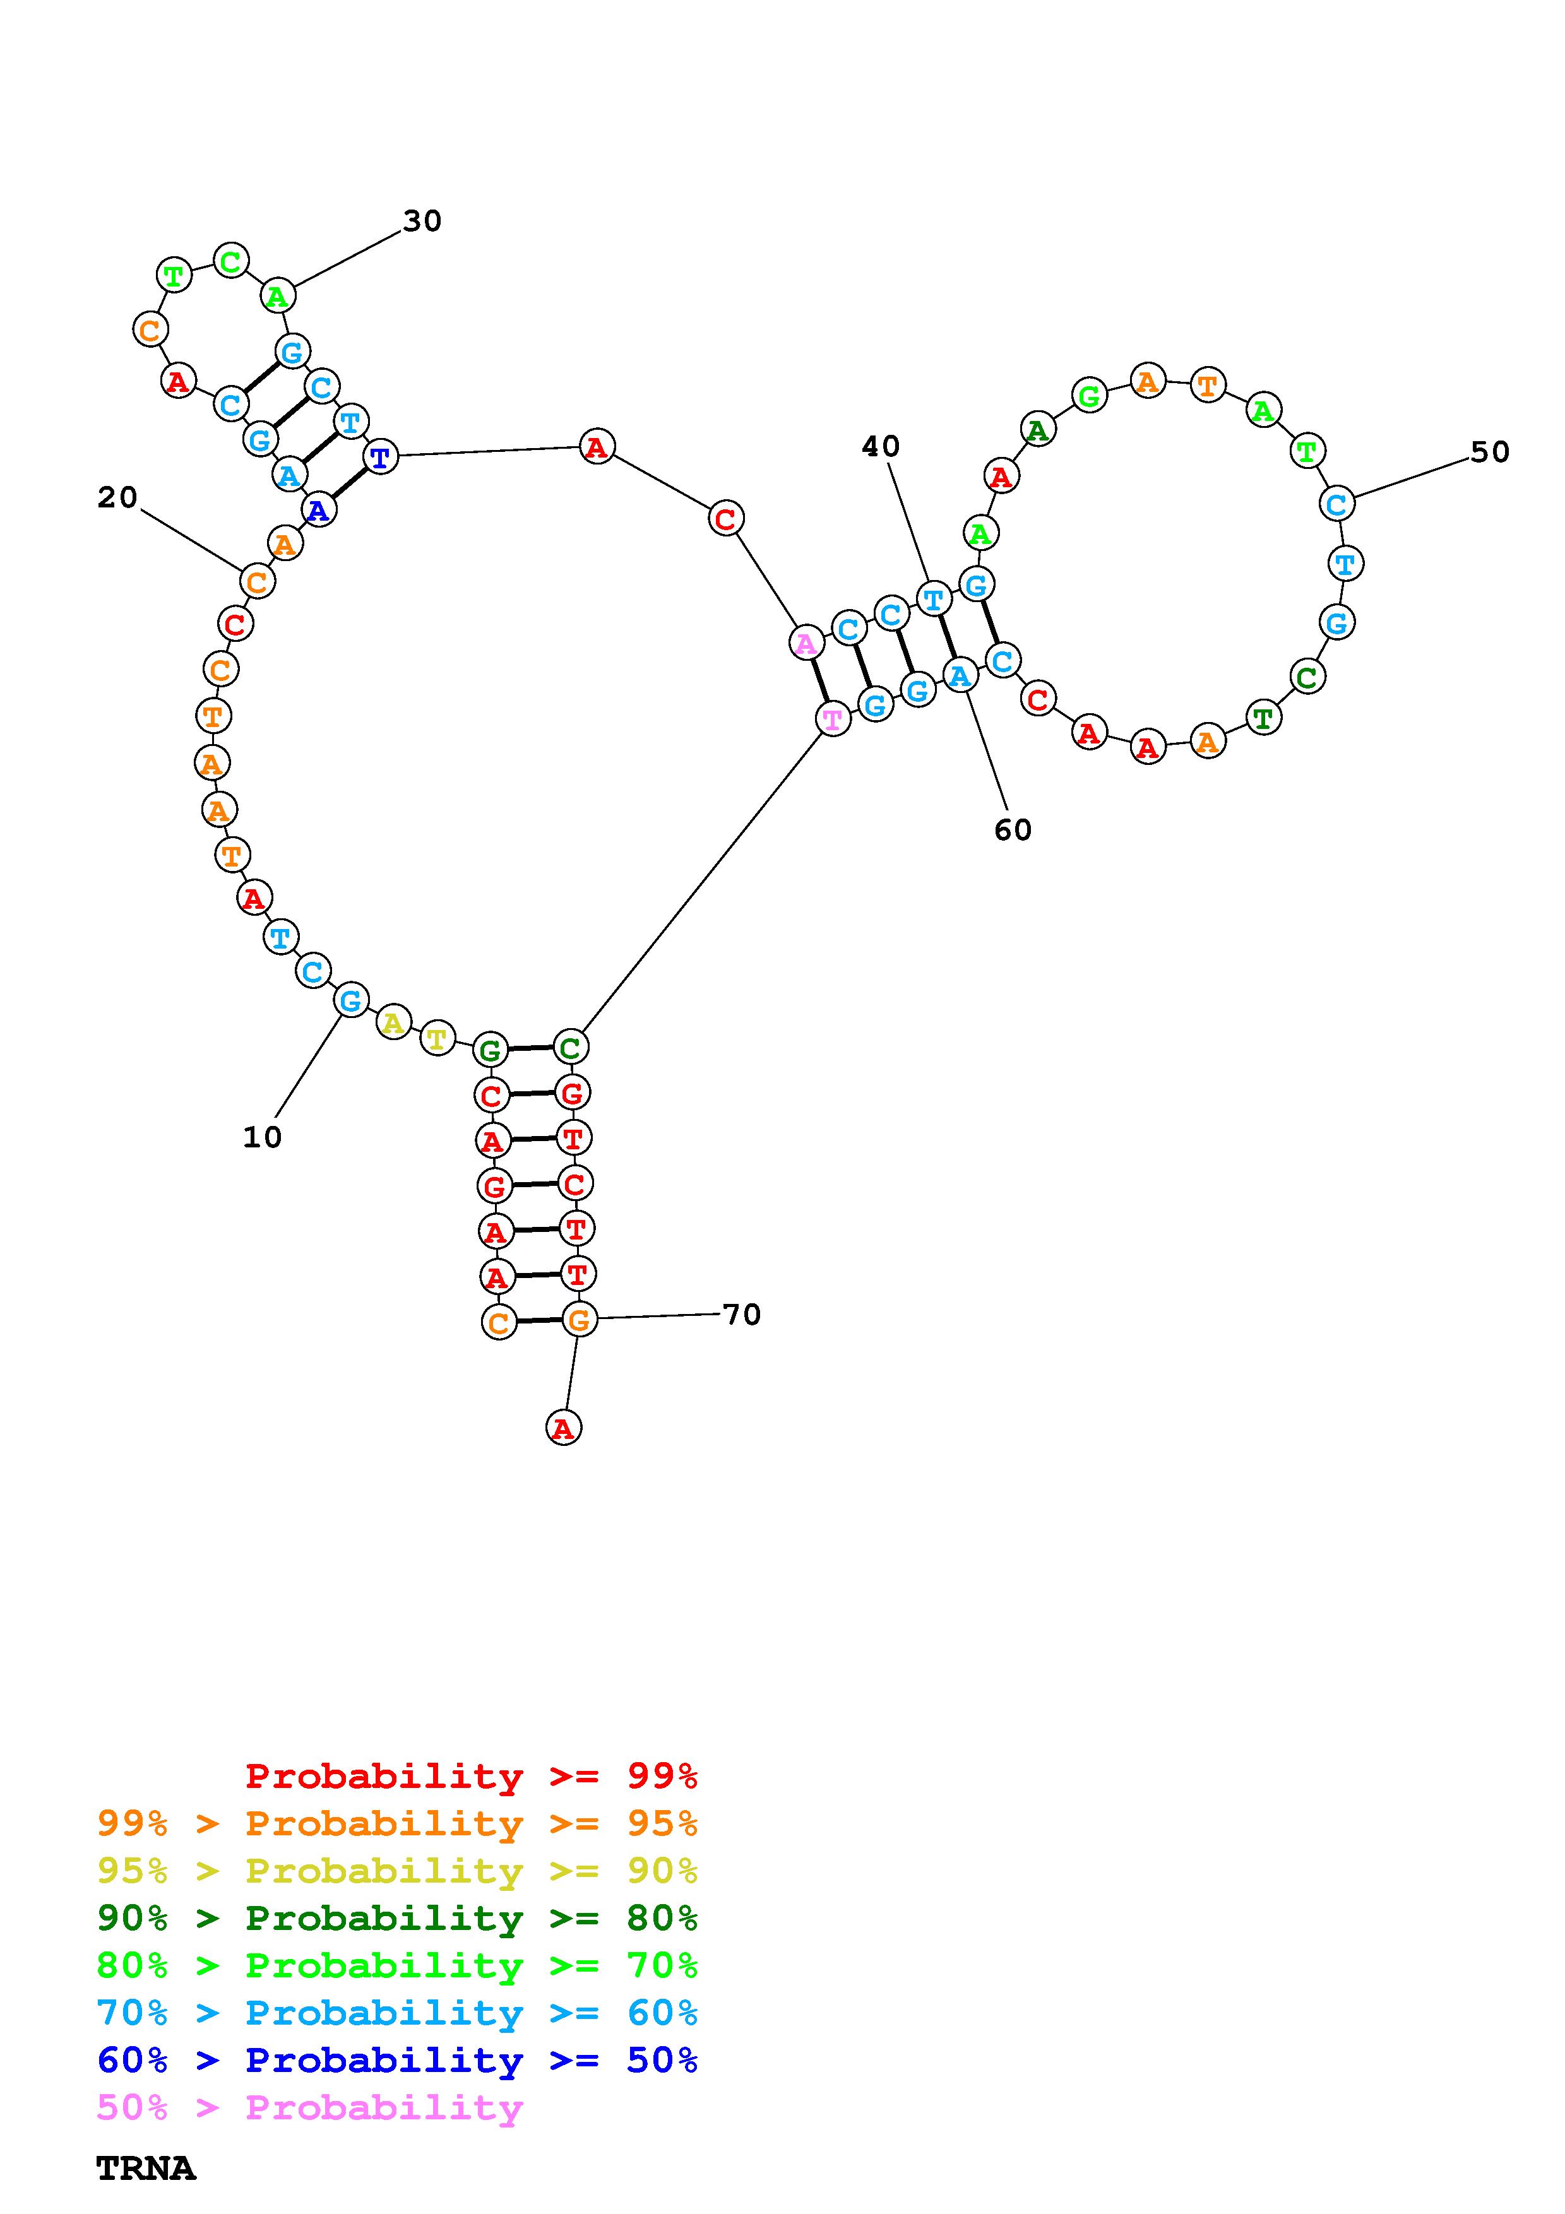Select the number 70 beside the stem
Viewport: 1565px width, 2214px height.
pyautogui.click(x=742, y=1314)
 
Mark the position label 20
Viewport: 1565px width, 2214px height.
pyautogui.click(x=117, y=497)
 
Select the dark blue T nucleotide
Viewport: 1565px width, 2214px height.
pyautogui.click(x=381, y=456)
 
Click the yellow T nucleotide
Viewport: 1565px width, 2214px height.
pyautogui.click(x=437, y=1039)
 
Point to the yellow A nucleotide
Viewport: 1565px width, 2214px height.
pyautogui.click(x=393, y=1022)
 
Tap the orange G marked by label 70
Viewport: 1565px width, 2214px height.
pyautogui.click(x=578, y=1318)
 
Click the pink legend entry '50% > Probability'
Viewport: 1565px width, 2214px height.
pyautogui.click(x=309, y=2107)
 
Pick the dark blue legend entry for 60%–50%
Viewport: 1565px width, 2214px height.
pyautogui.click(x=396, y=2060)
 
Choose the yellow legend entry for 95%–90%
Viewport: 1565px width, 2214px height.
pyautogui.click(x=396, y=1870)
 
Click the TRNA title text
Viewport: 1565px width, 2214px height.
pyautogui.click(x=146, y=2169)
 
